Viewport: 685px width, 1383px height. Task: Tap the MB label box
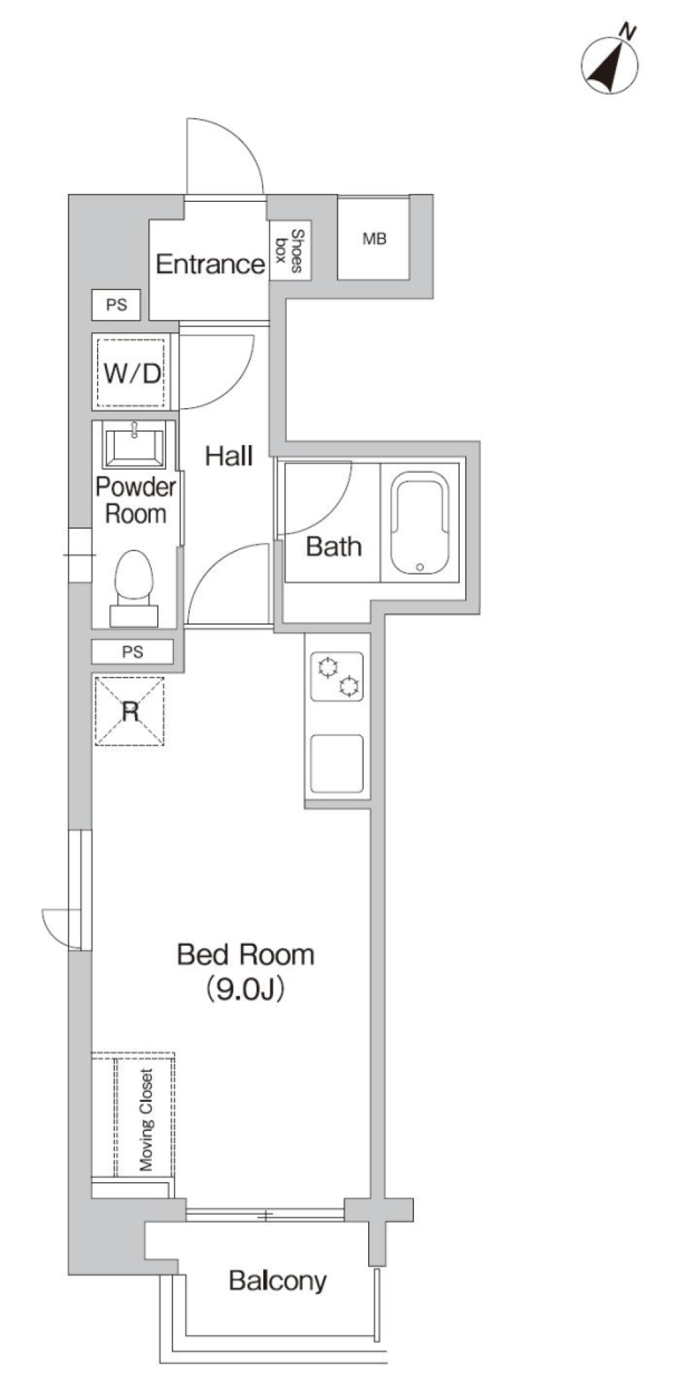[x=373, y=239]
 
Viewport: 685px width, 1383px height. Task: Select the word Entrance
[x=210, y=265]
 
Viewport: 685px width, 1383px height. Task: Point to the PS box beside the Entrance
[x=116, y=305]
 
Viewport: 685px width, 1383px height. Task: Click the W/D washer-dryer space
[x=131, y=372]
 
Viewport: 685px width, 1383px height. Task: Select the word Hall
[x=228, y=456]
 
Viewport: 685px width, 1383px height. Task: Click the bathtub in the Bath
[x=420, y=522]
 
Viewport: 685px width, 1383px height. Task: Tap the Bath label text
[x=333, y=547]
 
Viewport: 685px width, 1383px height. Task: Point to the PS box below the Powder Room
[x=133, y=652]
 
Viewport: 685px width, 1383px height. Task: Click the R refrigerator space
[x=130, y=711]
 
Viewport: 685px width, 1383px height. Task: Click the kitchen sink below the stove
[x=337, y=763]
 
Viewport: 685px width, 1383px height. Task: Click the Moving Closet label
[x=146, y=1121]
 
